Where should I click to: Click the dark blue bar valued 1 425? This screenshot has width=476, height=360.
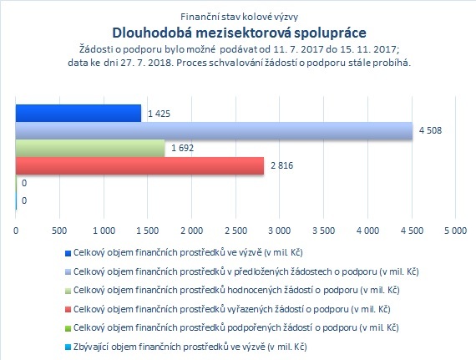coord(78,114)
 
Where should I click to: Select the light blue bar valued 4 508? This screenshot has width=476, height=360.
coord(214,131)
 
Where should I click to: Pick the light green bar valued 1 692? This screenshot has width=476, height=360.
coord(90,148)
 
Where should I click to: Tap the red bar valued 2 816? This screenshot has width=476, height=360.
coord(139,165)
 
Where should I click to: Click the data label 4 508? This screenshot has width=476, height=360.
coord(430,130)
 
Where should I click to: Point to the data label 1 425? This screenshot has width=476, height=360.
coord(159,114)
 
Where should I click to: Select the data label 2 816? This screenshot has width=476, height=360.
coord(281,165)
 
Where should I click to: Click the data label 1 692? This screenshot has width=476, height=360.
coord(182,148)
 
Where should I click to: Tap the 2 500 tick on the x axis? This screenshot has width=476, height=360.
coord(235,231)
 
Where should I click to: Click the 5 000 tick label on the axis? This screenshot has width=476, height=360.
coord(456,231)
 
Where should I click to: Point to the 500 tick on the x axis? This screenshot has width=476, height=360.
coord(59,231)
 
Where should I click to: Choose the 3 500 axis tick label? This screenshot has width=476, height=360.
coord(324,231)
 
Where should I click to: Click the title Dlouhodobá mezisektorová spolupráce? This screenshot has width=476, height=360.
coord(239,33)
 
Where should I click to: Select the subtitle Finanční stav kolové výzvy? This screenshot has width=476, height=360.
coord(239,17)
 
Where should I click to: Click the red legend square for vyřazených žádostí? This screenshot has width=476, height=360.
coord(68,310)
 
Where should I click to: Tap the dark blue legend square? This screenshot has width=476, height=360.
coord(68,253)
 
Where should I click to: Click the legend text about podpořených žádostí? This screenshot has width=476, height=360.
coord(235,327)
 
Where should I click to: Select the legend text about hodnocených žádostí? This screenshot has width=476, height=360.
coord(236,290)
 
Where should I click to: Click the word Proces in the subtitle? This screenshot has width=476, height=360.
coord(188,63)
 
